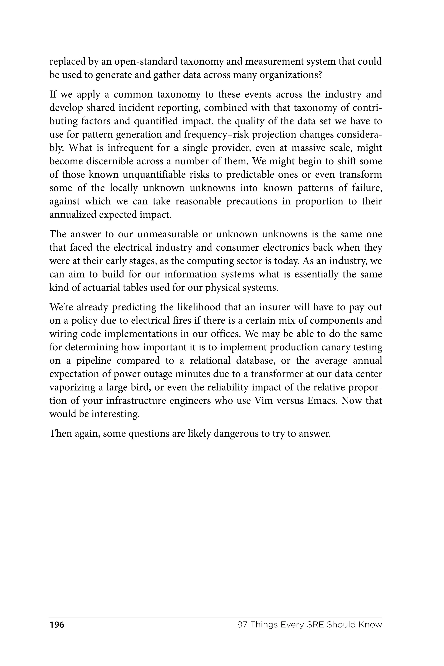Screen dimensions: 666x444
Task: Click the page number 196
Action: [x=57, y=625]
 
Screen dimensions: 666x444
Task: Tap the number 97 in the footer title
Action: [x=242, y=625]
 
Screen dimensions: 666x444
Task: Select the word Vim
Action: [x=264, y=401]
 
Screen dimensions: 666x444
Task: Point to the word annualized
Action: [x=73, y=214]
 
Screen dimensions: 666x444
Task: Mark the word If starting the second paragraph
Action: [x=53, y=94]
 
